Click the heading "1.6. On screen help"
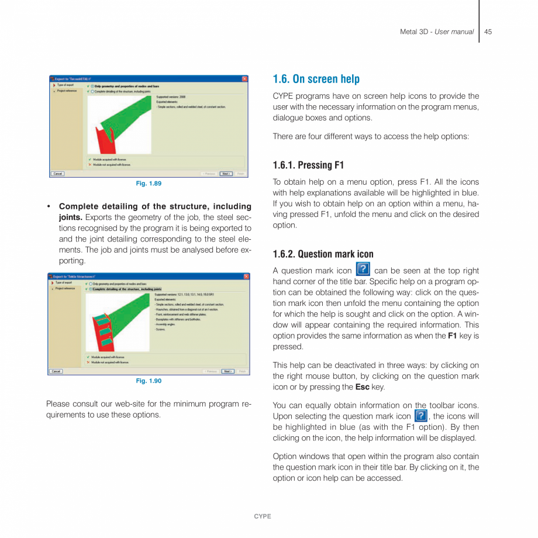tap(316, 79)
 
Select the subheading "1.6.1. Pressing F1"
tap(308, 165)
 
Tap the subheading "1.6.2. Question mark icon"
tap(323, 254)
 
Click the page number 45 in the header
tap(488, 32)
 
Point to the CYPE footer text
tap(262, 516)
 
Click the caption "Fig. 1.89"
tap(149, 184)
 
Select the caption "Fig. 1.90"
tap(149, 381)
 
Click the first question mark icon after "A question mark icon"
tap(363, 270)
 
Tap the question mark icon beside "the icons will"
tap(420, 416)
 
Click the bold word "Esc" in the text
tap(362, 387)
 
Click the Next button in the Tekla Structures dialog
tap(227, 371)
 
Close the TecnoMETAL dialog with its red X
tap(244, 78)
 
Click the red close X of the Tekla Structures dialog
tap(246, 276)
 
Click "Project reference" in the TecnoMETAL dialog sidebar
tap(65, 91)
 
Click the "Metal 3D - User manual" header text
tap(436, 32)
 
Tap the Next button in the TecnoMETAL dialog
tap(226, 174)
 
